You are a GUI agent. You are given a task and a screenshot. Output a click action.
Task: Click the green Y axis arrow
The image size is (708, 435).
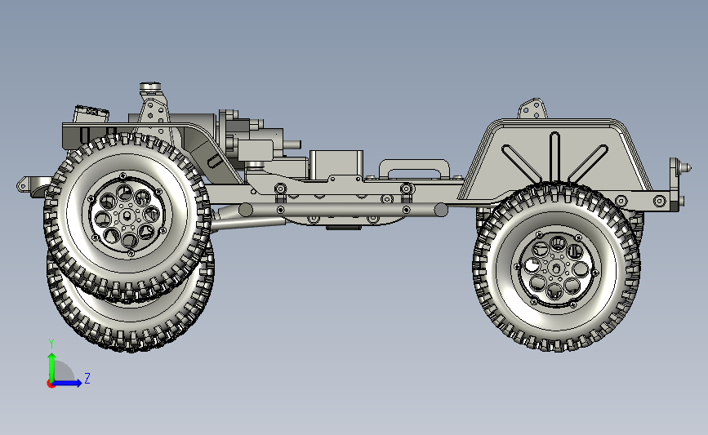coord(52,367)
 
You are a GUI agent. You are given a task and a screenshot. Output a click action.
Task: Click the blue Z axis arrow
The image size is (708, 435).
coord(67,383)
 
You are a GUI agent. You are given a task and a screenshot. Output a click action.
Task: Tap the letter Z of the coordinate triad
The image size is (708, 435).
coord(87,378)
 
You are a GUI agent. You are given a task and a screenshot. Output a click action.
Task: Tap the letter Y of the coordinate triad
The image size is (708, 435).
coord(51,344)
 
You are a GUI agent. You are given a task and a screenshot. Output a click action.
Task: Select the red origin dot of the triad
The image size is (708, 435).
coord(51,384)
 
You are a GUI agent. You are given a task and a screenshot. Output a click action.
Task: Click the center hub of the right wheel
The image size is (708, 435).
coord(556,269)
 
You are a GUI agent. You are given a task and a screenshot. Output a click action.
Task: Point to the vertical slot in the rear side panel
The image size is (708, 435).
coord(554,157)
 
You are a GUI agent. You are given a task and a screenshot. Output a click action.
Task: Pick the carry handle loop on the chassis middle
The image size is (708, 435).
coord(414,168)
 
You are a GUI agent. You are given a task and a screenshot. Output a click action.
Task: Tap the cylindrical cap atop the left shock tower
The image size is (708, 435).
coord(150,86)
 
